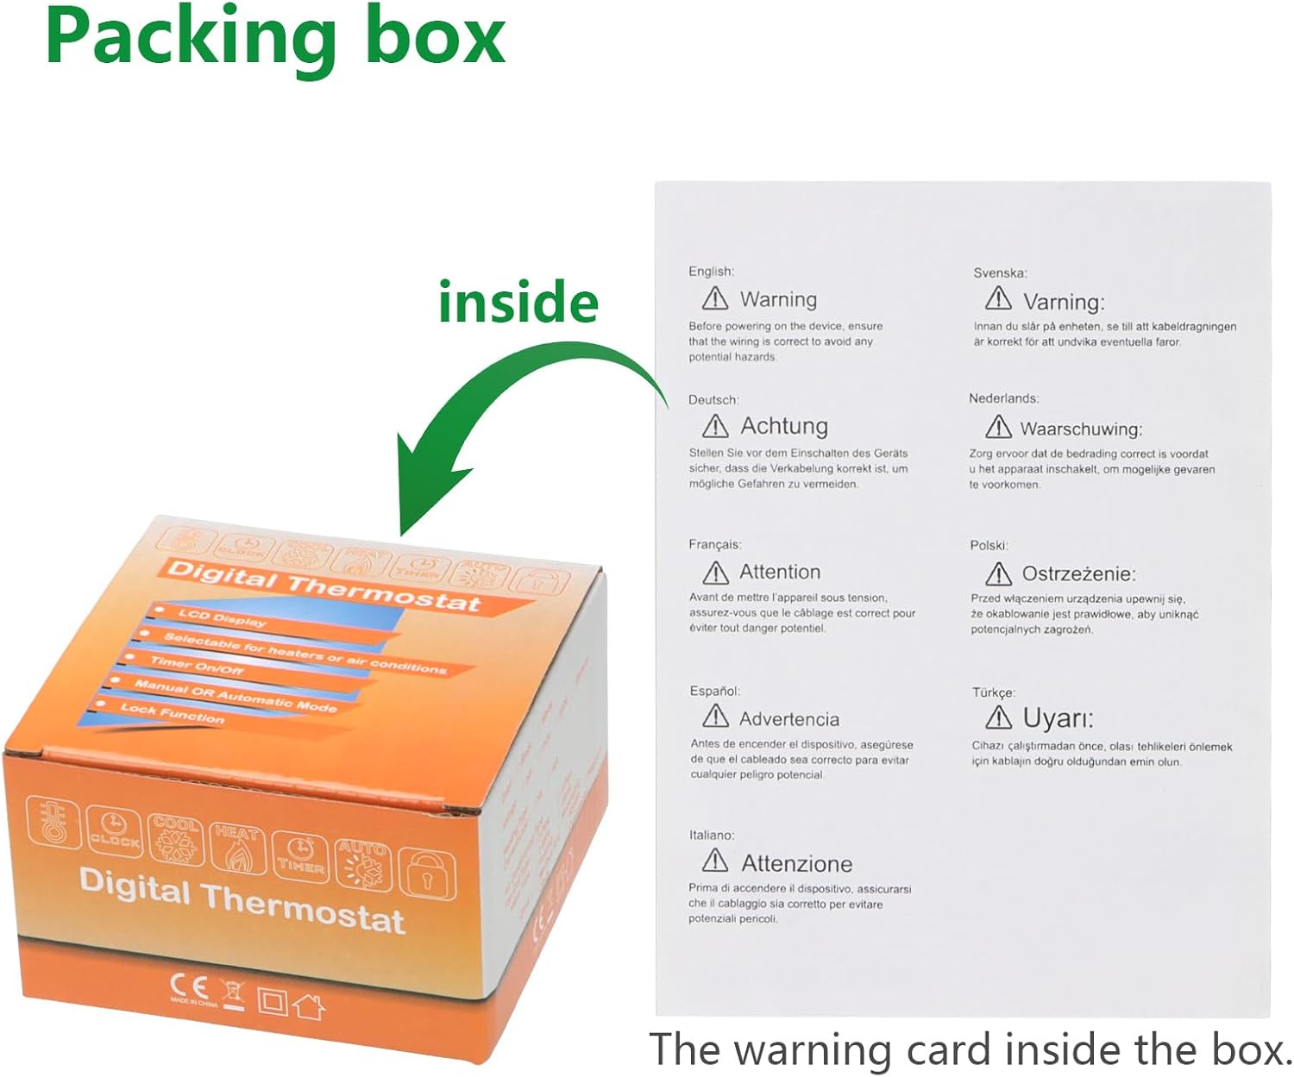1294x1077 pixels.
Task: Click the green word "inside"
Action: coord(518,303)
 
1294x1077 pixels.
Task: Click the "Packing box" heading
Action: coord(275,36)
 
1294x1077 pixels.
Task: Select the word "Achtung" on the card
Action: coord(784,426)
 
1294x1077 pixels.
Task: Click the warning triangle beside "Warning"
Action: coord(715,298)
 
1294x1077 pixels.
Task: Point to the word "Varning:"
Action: coord(1064,302)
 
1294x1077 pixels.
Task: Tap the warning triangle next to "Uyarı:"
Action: coord(998,717)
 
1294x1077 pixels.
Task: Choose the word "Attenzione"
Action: coord(796,863)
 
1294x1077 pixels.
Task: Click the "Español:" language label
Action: coord(714,691)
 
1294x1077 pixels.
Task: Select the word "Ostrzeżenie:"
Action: coord(1078,573)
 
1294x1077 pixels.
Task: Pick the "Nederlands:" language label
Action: coord(1003,398)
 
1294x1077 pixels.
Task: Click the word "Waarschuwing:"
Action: coord(1081,429)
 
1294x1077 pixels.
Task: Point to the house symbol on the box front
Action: coord(309,1005)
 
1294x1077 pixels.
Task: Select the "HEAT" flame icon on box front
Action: coord(237,847)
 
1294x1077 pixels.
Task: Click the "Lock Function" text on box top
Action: coord(172,713)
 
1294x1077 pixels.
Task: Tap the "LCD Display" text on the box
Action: coord(222,617)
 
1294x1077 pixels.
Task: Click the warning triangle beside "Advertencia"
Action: coord(715,717)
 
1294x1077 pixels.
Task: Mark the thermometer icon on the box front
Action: coord(53,822)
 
